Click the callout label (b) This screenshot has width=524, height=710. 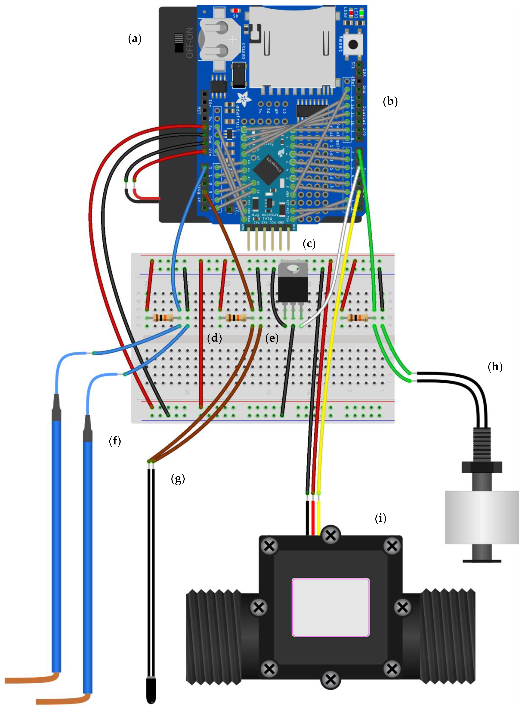point(390,101)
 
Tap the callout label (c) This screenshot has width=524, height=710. point(309,244)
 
